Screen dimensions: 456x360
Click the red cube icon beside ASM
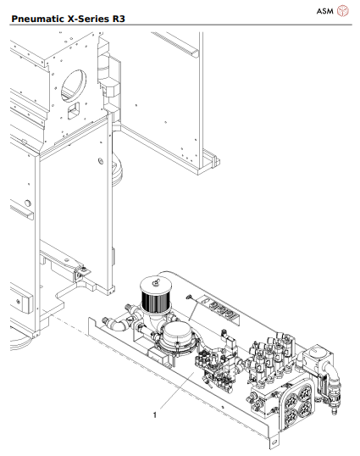pos(343,10)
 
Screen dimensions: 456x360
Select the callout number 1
pos(154,416)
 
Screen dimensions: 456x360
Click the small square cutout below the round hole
pos(74,110)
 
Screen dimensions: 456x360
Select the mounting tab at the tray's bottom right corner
pos(272,442)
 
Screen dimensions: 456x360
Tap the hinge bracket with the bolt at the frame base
pos(81,273)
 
